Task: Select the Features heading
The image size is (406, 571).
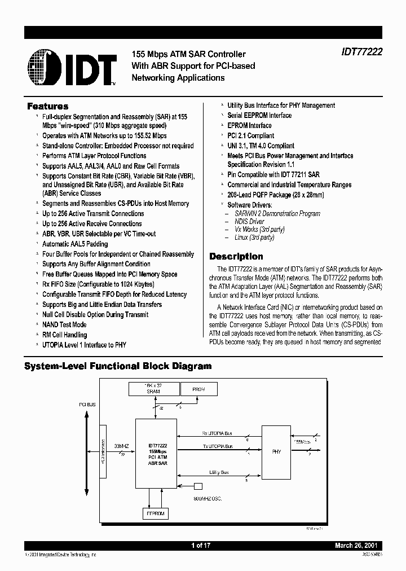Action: [x=48, y=106]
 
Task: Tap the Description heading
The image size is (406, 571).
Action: [x=236, y=256]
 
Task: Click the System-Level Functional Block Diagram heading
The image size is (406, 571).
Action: [x=118, y=366]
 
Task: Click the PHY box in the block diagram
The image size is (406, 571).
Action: [x=276, y=451]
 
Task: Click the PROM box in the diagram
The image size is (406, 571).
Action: [x=198, y=390]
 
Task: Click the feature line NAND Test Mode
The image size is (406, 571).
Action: [x=64, y=324]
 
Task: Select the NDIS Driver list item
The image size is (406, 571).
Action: [x=249, y=222]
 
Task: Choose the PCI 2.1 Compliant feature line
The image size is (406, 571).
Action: [x=250, y=135]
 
